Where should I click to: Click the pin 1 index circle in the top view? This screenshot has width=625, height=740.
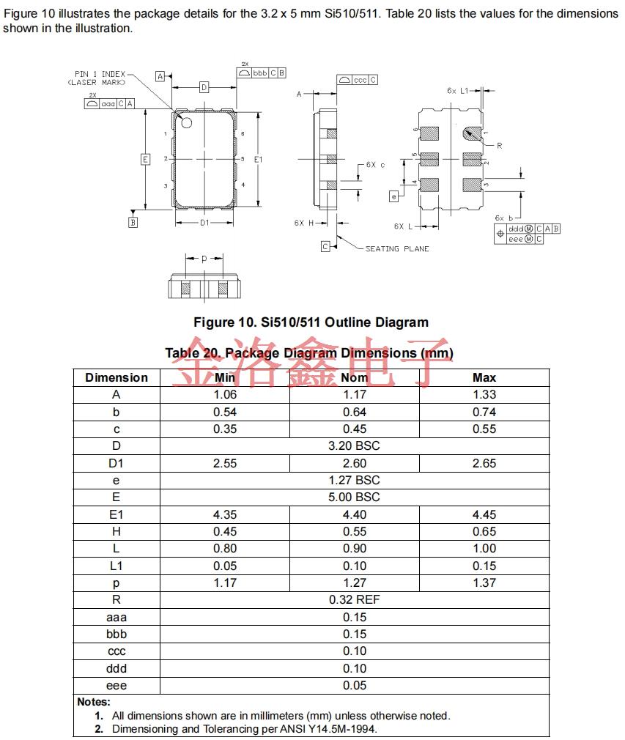[x=185, y=122]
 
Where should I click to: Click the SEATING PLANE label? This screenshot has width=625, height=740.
[x=397, y=249]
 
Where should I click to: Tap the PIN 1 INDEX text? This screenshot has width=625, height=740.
[x=100, y=74]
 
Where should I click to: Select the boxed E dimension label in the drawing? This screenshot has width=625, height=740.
[x=145, y=159]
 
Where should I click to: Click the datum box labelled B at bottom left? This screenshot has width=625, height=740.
[x=133, y=223]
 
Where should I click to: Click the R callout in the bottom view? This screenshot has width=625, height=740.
[x=499, y=146]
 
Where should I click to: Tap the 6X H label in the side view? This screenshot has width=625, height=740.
[x=304, y=223]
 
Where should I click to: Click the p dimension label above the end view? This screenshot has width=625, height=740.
[x=204, y=259]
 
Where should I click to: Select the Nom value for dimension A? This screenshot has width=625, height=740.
[x=355, y=394]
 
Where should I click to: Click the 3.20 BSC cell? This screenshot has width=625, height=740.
[x=355, y=445]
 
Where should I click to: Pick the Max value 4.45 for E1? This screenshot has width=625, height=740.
[x=484, y=514]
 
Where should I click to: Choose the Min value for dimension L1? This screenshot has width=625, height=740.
[x=225, y=566]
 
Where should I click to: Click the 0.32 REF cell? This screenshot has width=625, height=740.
[x=355, y=599]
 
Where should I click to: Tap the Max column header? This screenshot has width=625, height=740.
[x=484, y=377]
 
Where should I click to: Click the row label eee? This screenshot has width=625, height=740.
[x=117, y=685]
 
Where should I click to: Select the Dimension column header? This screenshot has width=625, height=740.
[x=117, y=377]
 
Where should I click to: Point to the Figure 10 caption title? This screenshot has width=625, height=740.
[x=311, y=322]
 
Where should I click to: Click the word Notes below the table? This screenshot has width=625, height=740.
[x=94, y=702]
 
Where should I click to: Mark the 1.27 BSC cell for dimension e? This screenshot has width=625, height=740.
[x=355, y=480]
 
